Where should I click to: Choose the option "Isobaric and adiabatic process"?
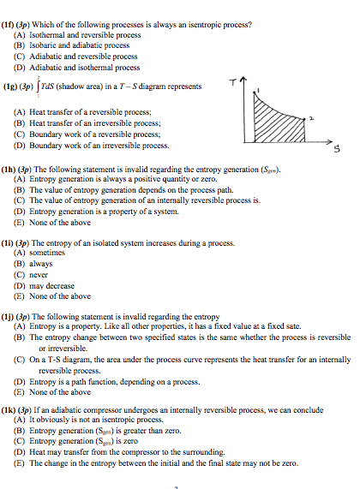click(x=80, y=45)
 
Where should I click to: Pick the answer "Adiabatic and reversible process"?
click(x=83, y=57)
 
